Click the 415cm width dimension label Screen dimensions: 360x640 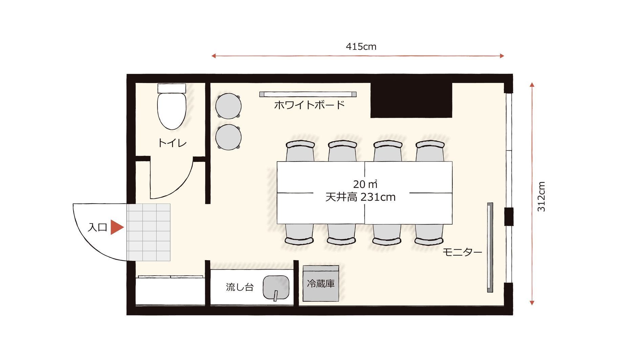pos(361,47)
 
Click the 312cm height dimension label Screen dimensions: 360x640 pos(541,197)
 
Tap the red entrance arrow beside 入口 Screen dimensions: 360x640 pos(116,227)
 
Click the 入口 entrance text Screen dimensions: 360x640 pos(97,227)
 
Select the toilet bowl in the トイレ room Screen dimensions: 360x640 pos(172,110)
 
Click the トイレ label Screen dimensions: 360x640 pos(172,143)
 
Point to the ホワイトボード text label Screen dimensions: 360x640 pos(309,105)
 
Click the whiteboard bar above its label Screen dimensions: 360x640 pos(308,94)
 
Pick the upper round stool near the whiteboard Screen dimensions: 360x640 pos(228,106)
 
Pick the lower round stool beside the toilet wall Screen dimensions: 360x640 pos(228,137)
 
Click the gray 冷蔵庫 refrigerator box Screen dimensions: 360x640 pos(321,283)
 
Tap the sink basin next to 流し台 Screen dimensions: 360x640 pos(276,288)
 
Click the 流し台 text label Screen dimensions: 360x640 pos(240,288)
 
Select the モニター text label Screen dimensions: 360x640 pos(462,252)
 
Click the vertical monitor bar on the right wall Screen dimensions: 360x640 pos(490,247)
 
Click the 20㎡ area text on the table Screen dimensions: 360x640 pos(365,184)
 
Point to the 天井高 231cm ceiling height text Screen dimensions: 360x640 pos(360,197)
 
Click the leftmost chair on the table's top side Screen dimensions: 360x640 pos(300,151)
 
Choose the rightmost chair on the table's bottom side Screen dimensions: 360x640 pos(429,235)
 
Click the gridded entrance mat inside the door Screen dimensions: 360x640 pos(149,232)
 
